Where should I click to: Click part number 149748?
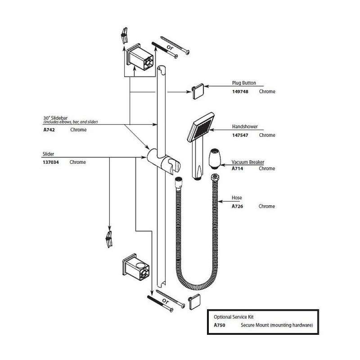[240, 91]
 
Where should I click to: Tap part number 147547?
[240, 135]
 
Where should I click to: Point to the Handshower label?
[244, 127]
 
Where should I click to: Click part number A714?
[237, 168]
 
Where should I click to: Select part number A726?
[237, 206]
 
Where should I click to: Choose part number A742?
[49, 130]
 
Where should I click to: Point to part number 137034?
[50, 162]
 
